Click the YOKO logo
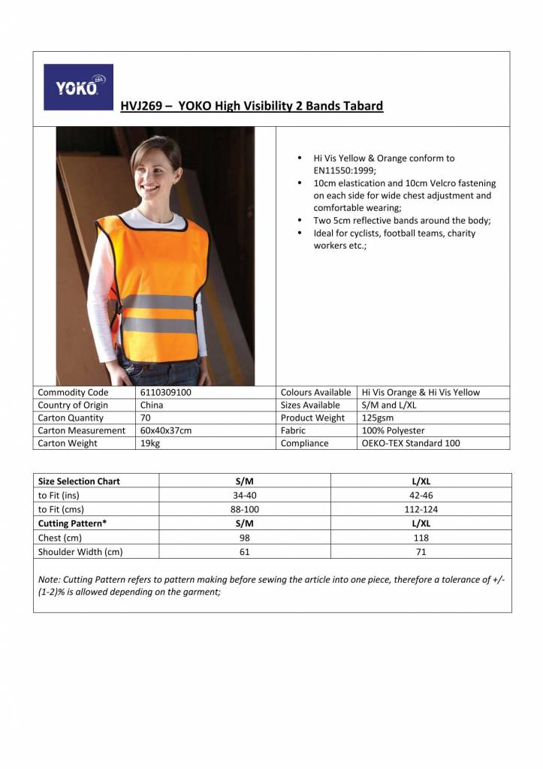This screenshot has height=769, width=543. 78,87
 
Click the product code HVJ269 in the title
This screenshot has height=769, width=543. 142,106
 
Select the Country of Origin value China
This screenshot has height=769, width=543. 152,405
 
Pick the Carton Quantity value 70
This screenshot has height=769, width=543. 146,418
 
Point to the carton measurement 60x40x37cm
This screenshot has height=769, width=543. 166,430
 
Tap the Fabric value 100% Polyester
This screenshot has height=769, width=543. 393,430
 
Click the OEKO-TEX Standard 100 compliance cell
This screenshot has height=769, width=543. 411,443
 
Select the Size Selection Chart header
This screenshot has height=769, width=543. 79,481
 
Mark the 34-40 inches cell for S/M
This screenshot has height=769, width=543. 244,495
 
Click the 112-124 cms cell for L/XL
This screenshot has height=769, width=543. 421,509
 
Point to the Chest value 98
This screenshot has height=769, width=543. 244,538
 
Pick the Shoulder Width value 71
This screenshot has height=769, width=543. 421,552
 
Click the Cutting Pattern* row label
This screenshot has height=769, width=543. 72,523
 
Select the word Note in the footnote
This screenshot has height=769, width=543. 48,579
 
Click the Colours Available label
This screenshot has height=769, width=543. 315,392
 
